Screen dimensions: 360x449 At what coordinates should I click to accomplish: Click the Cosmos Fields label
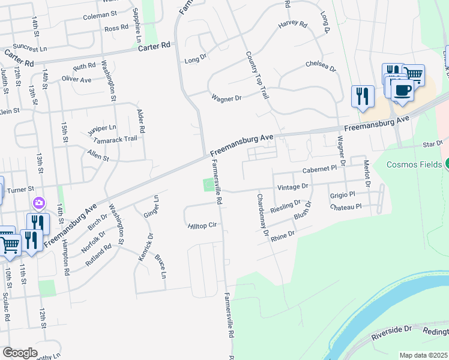(414, 164)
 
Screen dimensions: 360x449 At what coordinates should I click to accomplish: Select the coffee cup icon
(402, 91)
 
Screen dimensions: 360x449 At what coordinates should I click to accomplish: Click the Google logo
(20, 352)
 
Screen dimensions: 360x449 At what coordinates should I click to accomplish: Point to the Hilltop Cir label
(201, 226)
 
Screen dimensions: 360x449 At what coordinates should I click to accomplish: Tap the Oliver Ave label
(76, 79)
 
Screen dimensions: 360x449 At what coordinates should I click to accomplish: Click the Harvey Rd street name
(292, 26)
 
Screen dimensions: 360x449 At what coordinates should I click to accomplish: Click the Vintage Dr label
(292, 187)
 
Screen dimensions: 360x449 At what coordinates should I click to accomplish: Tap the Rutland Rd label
(98, 255)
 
